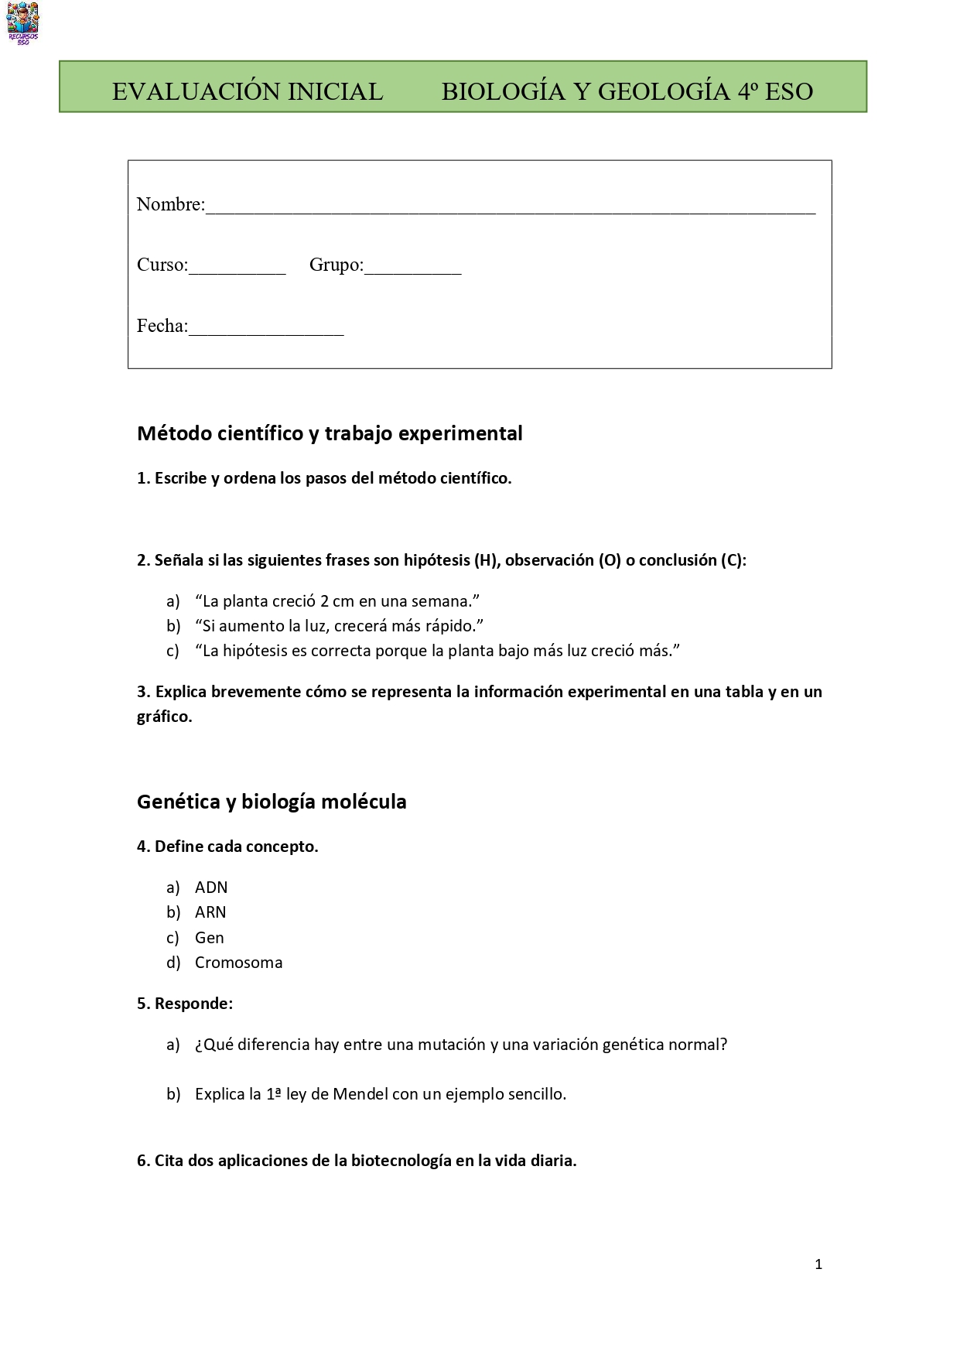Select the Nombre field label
tap(170, 204)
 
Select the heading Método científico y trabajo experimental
tap(330, 433)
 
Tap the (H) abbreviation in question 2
tap(487, 560)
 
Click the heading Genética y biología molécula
tap(272, 802)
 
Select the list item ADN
tap(211, 888)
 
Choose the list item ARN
tap(210, 912)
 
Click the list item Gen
tap(210, 938)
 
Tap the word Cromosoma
tap(238, 963)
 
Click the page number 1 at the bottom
tap(818, 1264)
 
